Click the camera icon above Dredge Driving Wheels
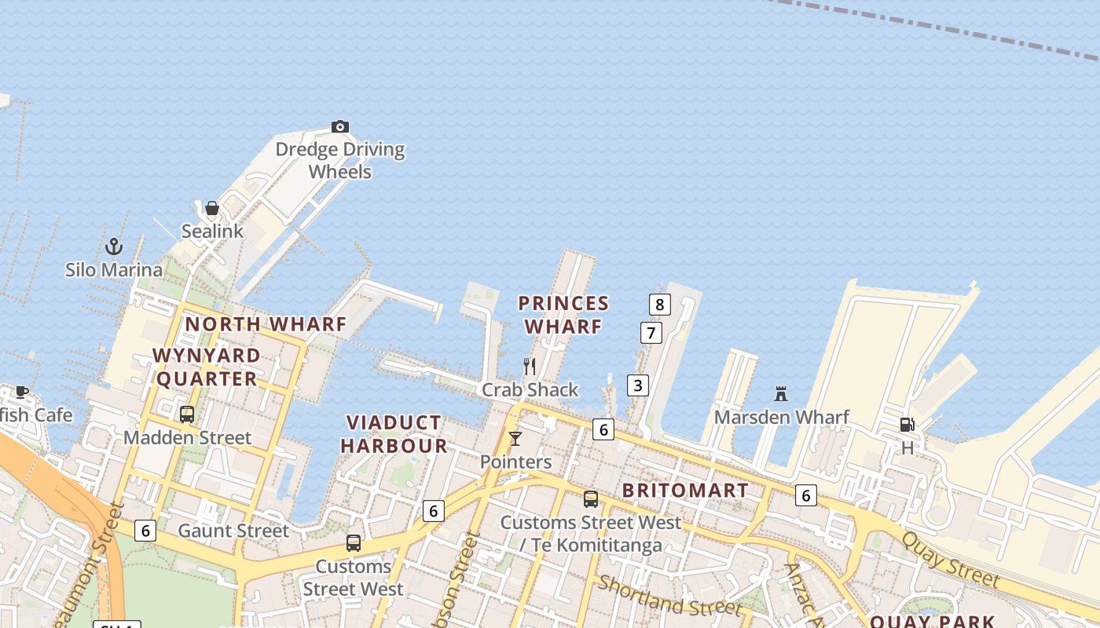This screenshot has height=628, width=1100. pos(339,126)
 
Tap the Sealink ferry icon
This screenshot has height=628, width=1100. pos(211,208)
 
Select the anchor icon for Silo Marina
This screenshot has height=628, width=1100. pos(114,246)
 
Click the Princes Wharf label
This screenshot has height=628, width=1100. pos(563,314)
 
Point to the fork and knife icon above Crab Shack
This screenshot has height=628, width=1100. pos(530,367)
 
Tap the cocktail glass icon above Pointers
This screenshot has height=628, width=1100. pos(515,439)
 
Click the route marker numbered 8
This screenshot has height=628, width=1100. pos(659,305)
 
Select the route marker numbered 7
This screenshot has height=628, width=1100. pos(651,333)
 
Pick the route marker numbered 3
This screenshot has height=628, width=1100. pos(638,385)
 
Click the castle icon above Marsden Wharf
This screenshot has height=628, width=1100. pos(781,393)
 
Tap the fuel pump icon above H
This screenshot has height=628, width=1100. pos(907,425)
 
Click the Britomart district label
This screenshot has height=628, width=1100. pos(685,491)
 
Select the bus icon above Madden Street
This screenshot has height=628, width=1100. pos(187,414)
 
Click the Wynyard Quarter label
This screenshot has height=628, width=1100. pos(207,367)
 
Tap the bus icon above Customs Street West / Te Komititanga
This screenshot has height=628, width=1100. pos(591,499)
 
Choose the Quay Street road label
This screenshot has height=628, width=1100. pos(950,560)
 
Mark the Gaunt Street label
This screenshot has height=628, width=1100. pos(233,531)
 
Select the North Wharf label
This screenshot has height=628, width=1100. pos(266,323)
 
